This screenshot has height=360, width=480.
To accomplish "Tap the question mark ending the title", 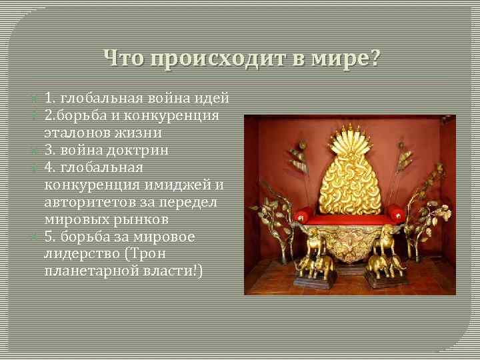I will pos(373,59).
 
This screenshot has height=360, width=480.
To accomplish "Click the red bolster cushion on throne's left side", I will pos(303,215).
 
